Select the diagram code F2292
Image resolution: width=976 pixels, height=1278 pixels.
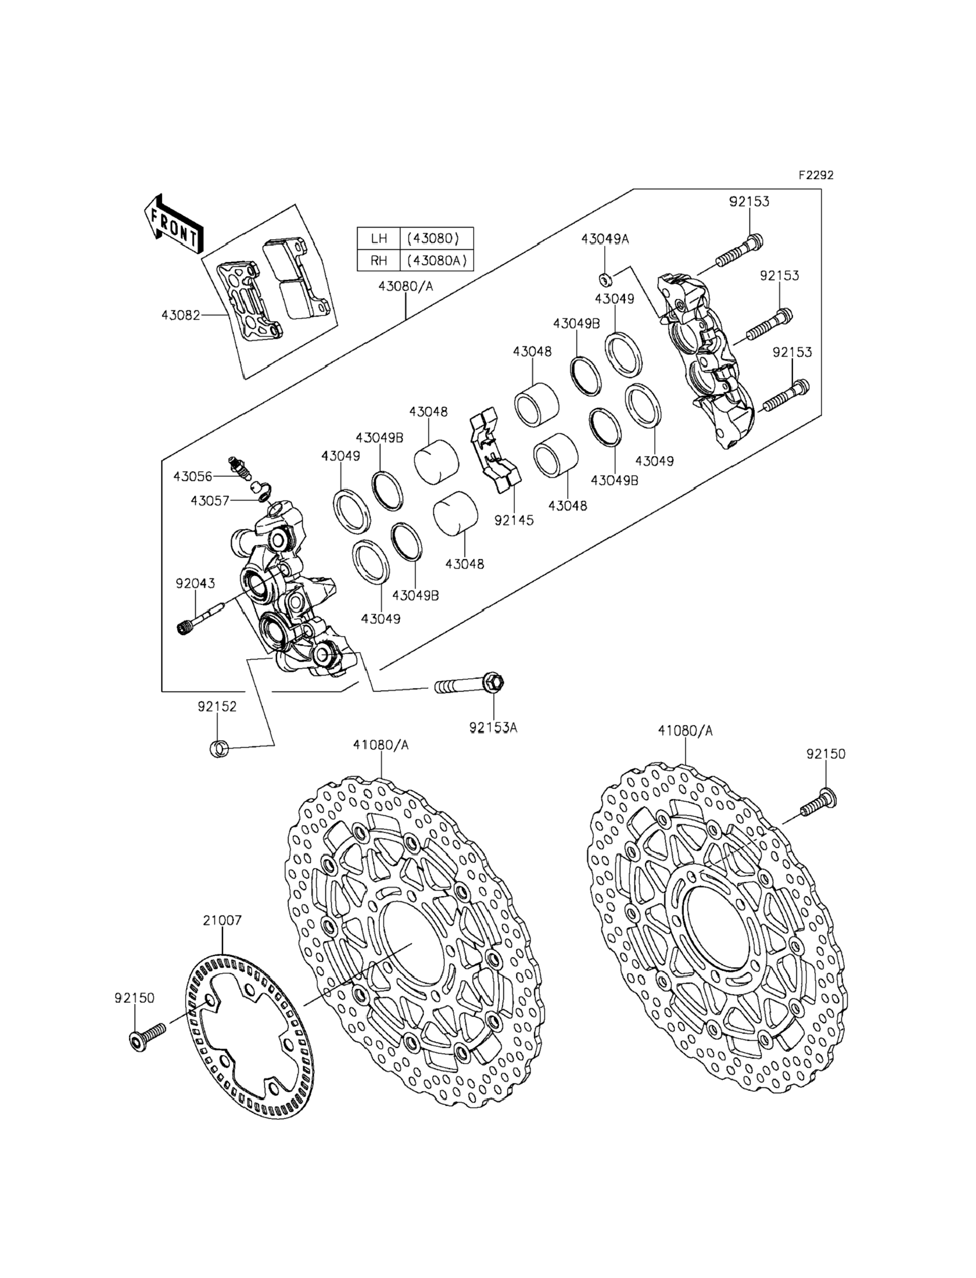point(816,175)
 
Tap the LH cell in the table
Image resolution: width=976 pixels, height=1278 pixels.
point(379,238)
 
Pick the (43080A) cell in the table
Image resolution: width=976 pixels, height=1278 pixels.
point(437,260)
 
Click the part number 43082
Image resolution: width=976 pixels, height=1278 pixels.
point(181,315)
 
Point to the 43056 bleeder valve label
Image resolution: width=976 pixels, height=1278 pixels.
point(193,476)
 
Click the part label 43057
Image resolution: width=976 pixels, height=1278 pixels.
point(210,500)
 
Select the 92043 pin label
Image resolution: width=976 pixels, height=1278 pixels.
point(195,583)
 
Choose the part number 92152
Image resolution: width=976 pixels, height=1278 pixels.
point(217,706)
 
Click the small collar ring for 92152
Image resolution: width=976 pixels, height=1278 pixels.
point(218,749)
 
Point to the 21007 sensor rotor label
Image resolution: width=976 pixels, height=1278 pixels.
point(222,921)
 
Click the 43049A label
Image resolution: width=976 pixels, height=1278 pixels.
point(605,239)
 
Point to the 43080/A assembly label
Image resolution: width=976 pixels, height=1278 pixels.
point(406,286)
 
